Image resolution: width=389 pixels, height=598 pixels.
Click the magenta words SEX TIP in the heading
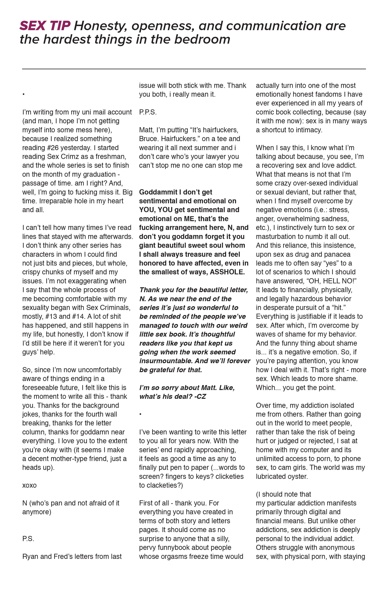(45, 26)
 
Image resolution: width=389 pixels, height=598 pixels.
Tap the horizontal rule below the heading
(194, 69)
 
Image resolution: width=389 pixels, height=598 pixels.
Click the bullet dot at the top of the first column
(23, 95)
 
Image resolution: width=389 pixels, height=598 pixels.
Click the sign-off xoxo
(29, 485)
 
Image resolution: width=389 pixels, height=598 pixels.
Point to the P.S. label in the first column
(28, 539)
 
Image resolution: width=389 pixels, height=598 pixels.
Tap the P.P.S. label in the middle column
(148, 112)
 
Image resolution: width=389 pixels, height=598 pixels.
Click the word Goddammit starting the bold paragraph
(158, 192)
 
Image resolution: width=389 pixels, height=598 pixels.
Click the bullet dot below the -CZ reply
(140, 414)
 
